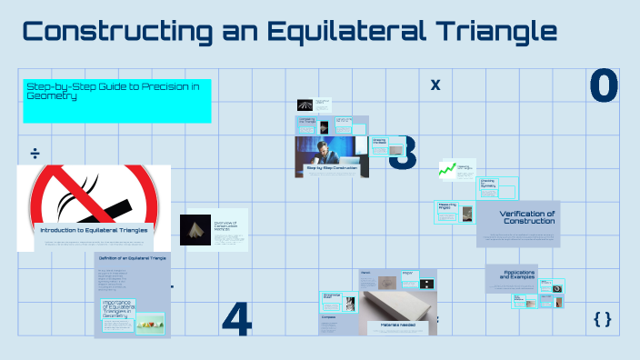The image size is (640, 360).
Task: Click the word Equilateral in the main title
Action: (355, 33)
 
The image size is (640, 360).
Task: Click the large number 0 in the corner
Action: (604, 85)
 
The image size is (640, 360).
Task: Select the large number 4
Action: (236, 317)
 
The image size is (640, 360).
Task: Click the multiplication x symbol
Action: (435, 85)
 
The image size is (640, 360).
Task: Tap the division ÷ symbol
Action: (35, 151)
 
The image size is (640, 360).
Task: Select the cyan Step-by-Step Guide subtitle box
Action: (116, 100)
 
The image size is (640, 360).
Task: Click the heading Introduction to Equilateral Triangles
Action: (94, 231)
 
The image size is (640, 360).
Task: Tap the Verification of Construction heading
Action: (527, 218)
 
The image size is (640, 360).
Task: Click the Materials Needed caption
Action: (392, 325)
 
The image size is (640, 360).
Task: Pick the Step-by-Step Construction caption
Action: (332, 168)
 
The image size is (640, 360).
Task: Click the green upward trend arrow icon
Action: (446, 168)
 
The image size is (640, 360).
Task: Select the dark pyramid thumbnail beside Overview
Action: (195, 230)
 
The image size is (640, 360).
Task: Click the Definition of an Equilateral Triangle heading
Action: (132, 260)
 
